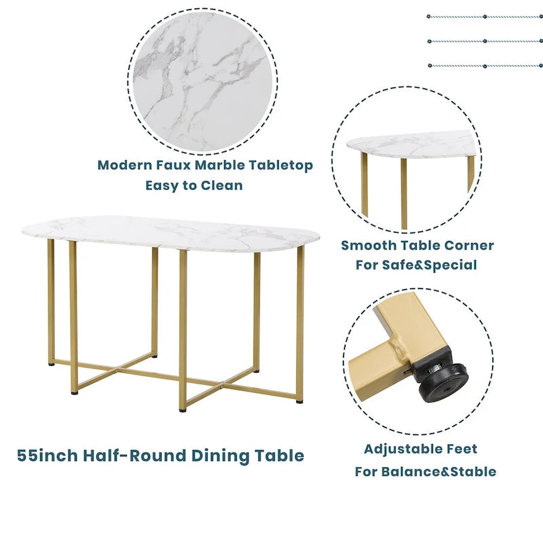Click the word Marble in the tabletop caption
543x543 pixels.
pos(219,165)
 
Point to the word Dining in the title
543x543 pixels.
pos(220,455)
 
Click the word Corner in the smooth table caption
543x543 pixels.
pos(469,245)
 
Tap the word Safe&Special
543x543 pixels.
pos(430,265)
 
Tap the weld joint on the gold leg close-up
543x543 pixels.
pos(398,349)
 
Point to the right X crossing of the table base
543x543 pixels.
pos(221,383)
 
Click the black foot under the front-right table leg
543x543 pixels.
pos(299,402)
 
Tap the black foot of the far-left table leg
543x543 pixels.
pos(52,364)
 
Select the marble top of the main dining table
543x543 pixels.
pos(170,233)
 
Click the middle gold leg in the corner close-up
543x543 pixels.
pos(404,193)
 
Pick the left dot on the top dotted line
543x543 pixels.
pos(429,16)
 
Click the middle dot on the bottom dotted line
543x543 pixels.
pos(485,66)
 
